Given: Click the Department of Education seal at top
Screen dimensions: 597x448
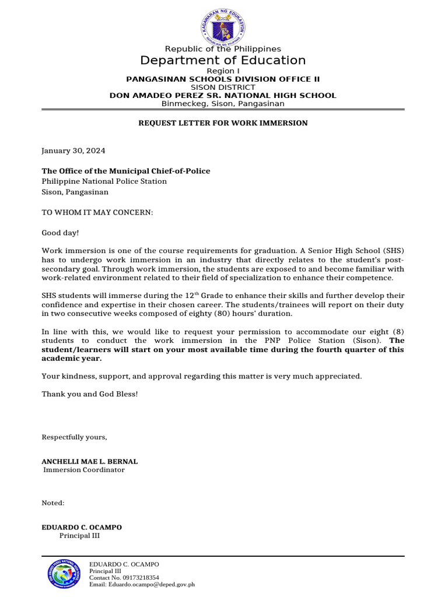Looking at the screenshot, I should tap(222, 26).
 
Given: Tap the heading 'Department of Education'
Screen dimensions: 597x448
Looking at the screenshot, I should tap(223, 61).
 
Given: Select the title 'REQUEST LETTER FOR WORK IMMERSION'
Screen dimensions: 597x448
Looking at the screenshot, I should tap(222, 123).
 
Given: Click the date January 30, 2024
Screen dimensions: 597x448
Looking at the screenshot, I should tap(73, 150).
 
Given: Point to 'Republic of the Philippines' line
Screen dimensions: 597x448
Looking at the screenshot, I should tap(223, 49).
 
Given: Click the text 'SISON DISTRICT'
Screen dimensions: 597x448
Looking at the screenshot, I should tap(223, 87).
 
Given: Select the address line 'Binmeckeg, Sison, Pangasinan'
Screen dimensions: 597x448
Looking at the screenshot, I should tap(223, 103).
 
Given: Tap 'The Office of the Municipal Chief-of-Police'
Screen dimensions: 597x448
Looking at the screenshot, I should tap(125, 171).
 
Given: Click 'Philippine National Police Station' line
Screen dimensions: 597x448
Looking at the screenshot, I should tap(104, 181).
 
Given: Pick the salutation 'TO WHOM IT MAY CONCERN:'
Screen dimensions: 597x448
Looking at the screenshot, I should tap(97, 212).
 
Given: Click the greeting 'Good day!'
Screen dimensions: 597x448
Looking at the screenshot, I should tap(60, 233).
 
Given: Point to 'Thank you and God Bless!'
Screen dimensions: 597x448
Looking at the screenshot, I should tap(90, 394).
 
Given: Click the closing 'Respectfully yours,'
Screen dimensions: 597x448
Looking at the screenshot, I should tap(74, 437).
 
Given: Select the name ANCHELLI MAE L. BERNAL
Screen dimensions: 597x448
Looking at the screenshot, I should tap(89, 461).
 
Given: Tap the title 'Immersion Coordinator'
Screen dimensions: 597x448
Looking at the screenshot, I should tap(83, 470).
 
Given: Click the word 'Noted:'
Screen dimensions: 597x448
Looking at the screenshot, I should tap(53, 503).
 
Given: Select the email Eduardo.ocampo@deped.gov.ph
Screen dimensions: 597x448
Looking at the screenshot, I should tap(141, 584).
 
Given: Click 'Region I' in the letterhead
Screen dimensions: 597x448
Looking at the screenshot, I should tap(223, 71).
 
